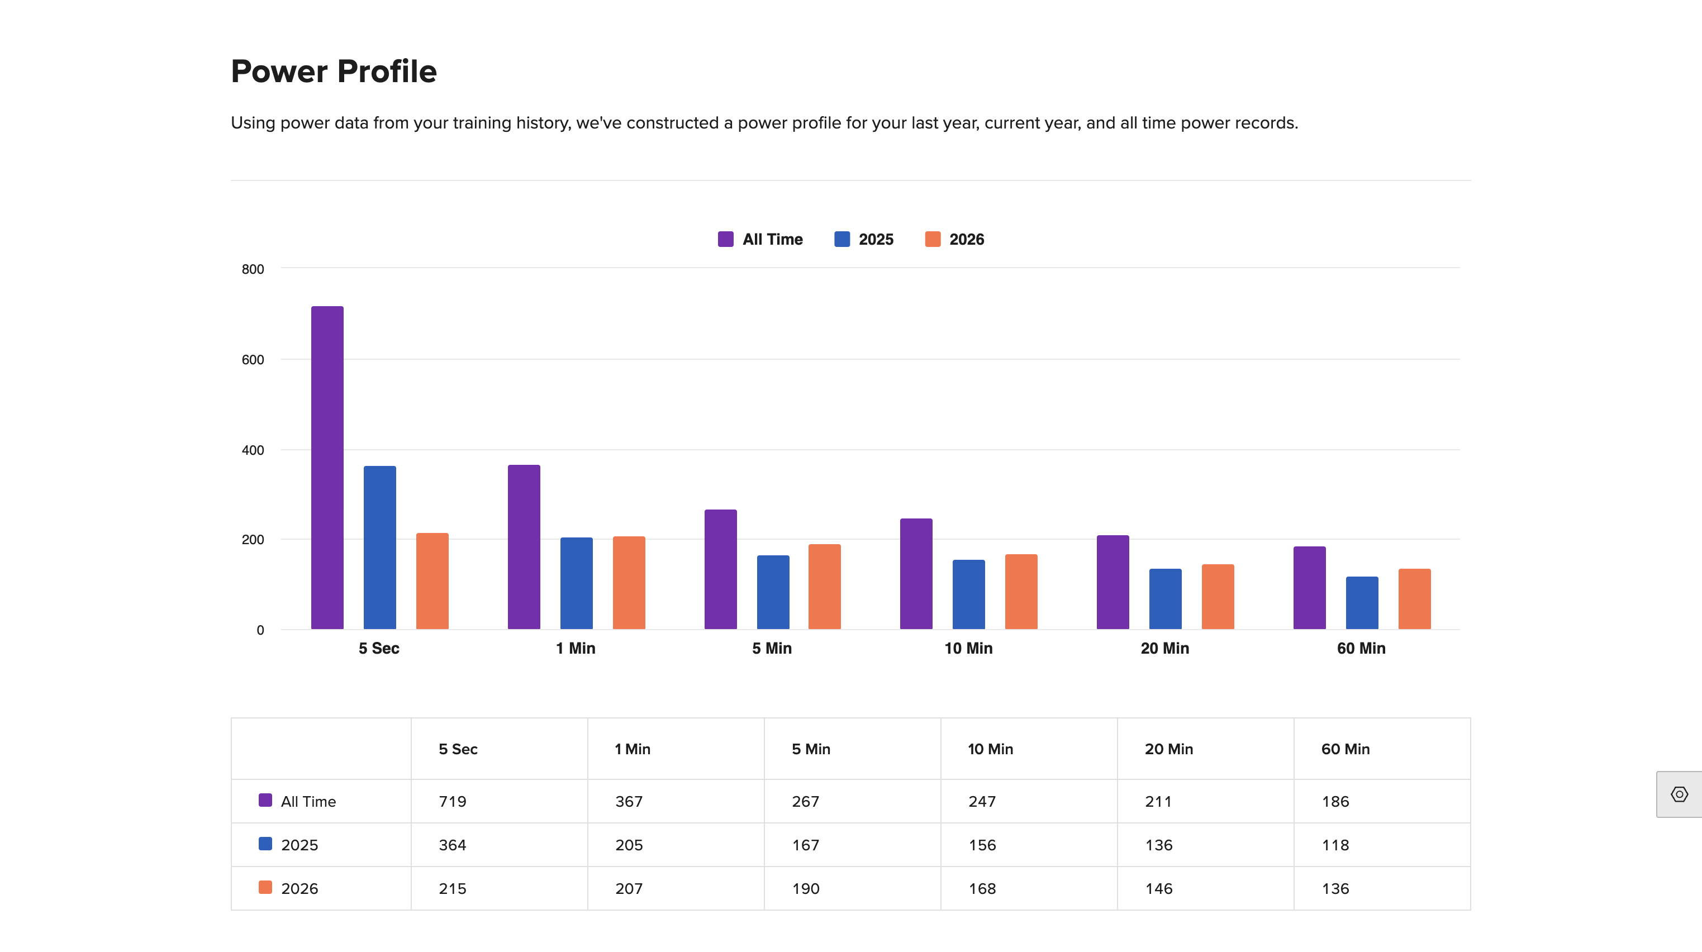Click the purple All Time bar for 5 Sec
(327, 467)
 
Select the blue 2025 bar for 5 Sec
(380, 547)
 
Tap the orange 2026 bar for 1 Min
(629, 582)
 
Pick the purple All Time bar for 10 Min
(916, 573)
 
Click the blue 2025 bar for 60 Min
(1362, 602)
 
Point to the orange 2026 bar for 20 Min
(1218, 597)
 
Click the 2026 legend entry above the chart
(955, 239)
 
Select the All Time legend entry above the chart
(760, 239)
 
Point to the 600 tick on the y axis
(253, 359)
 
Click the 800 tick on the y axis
(253, 269)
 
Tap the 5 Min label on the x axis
(772, 648)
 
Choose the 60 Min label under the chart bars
(1361, 648)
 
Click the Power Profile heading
(334, 72)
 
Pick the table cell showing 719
(453, 801)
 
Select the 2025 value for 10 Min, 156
(982, 845)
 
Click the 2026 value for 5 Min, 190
(806, 888)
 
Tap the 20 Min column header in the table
(1169, 749)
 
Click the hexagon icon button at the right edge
(1679, 794)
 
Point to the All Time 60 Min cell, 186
(1335, 801)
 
